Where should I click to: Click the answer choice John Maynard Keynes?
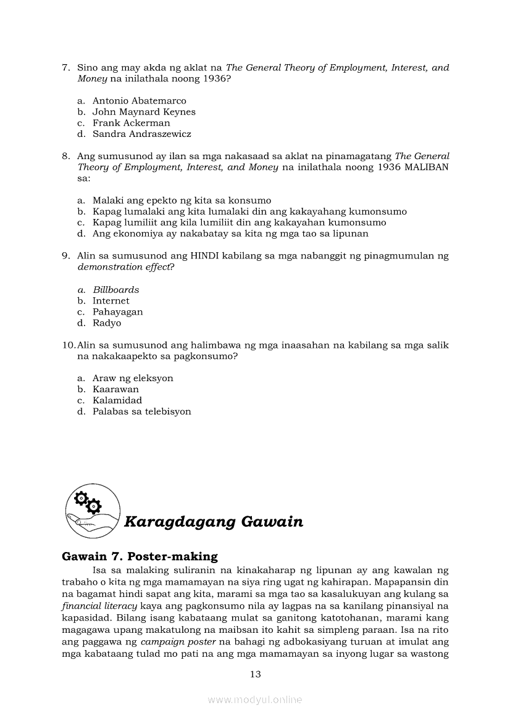[x=144, y=112]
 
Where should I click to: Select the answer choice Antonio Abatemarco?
[x=139, y=101]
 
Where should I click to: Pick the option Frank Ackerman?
[x=131, y=123]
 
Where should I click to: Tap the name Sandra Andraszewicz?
[x=141, y=134]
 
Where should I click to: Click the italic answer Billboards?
[x=116, y=290]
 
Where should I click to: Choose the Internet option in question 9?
[x=111, y=301]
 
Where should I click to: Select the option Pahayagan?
[x=117, y=312]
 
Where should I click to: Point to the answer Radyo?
[x=107, y=323]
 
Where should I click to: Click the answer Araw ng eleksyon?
[x=133, y=378]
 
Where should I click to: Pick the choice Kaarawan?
[x=115, y=389]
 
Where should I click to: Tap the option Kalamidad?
[x=117, y=400]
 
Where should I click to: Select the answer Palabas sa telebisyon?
[x=141, y=411]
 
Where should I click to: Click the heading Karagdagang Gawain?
[x=214, y=522]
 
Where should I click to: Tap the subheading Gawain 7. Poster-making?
[x=140, y=556]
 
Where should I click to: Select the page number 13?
[x=256, y=674]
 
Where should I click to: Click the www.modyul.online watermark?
[x=255, y=699]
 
